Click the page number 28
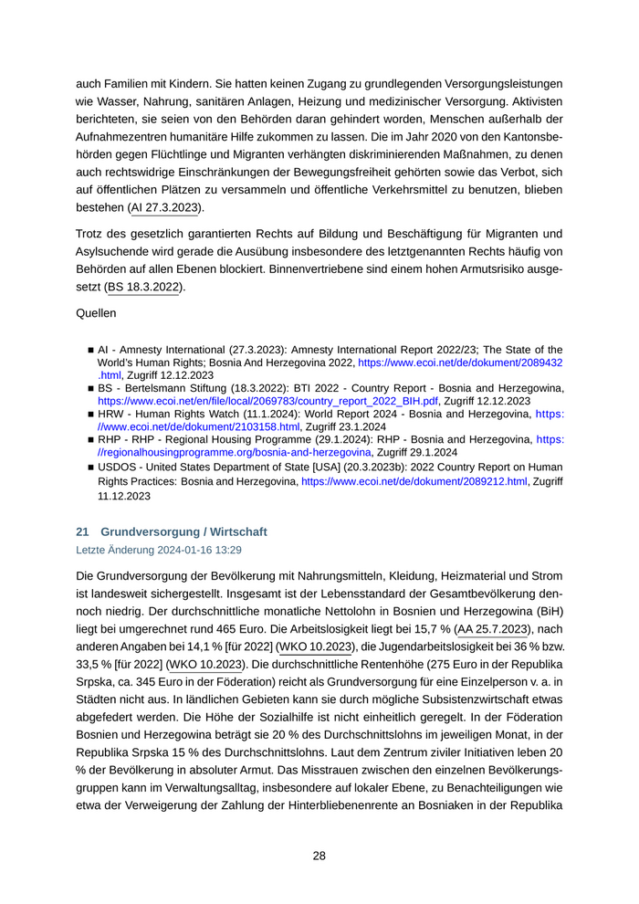click(x=319, y=856)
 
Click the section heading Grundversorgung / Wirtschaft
click(x=184, y=531)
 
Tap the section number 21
click(x=81, y=531)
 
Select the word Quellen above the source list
click(x=96, y=313)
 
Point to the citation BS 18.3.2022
click(x=144, y=287)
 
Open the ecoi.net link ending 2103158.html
click(x=199, y=426)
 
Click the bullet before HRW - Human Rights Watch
click(x=90, y=414)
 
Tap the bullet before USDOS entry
click(x=90, y=467)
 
